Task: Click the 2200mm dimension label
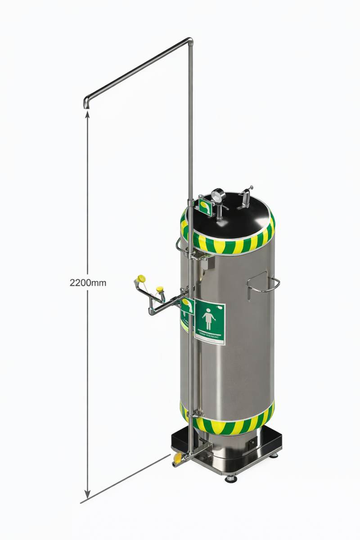88,283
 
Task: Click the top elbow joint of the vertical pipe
190,42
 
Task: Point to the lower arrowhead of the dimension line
87,495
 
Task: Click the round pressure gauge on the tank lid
218,195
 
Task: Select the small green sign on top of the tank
205,207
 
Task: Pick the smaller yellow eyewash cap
159,289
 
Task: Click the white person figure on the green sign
208,319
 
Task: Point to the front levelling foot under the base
231,478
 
